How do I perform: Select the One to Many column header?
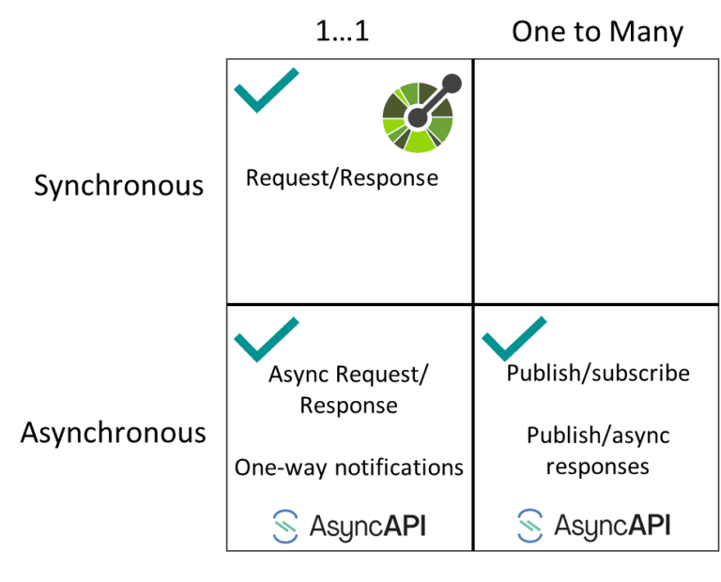pos(597,32)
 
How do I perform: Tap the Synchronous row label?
pos(119,185)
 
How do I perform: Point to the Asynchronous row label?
pos(114,433)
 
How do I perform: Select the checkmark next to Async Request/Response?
pos(266,339)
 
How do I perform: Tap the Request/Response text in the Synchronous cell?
pos(342,177)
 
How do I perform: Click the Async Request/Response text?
pos(348,390)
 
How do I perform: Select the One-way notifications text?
pos(348,467)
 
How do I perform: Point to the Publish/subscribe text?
pos(598,373)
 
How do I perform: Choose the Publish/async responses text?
pos(598,451)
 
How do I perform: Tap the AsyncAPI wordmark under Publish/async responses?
pos(612,525)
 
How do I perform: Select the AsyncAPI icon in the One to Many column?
pos(530,525)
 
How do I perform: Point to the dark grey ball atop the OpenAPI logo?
pos(452,84)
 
